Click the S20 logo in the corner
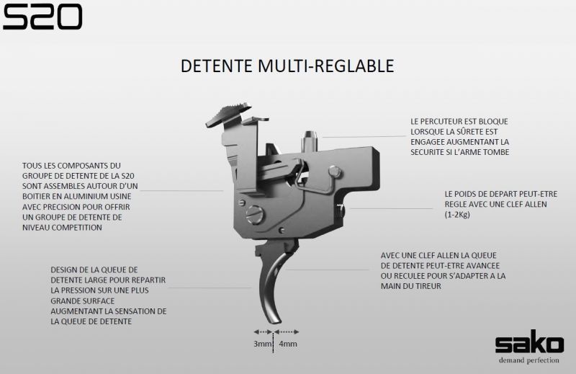coord(42,17)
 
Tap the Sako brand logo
coord(529,343)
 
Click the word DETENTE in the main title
coord(217,66)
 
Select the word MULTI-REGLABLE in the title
coord(326,66)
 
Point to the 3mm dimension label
coord(262,344)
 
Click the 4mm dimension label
coord(288,344)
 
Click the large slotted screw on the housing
coord(255,215)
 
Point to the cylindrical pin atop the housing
coord(310,140)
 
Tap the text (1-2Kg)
coord(457,215)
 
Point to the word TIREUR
coord(426,286)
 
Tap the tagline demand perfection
coord(529,360)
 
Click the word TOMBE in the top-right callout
coord(496,152)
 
